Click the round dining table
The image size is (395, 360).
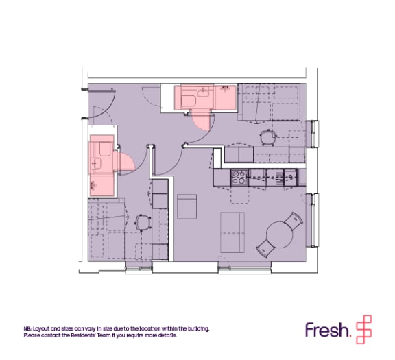pyautogui.click(x=279, y=235)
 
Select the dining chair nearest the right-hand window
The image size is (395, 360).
pyautogui.click(x=294, y=221)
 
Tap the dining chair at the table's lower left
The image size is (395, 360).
pyautogui.click(x=266, y=248)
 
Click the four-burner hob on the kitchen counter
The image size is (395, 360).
pyautogui.click(x=239, y=178)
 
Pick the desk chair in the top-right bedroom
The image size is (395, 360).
pyautogui.click(x=268, y=137)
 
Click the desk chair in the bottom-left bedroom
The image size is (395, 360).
pyautogui.click(x=143, y=222)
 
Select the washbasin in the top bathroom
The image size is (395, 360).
pyautogui.click(x=203, y=92)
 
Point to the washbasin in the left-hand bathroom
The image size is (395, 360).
pyautogui.click(x=96, y=163)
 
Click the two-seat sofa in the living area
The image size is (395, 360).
pyautogui.click(x=232, y=232)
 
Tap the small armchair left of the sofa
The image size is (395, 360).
pyautogui.click(x=187, y=206)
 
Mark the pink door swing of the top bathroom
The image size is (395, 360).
pyautogui.click(x=200, y=121)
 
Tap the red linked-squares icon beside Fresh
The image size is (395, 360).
pyautogui.click(x=363, y=329)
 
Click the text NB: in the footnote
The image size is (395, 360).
pyautogui.click(x=28, y=328)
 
